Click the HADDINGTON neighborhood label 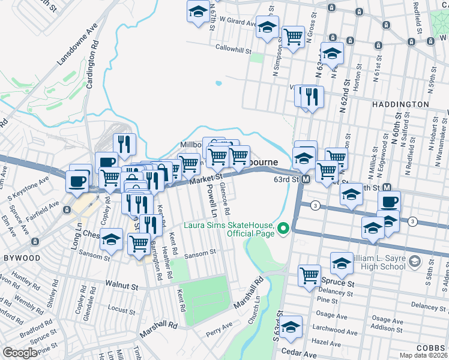coord(403,104)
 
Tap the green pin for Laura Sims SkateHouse coord(284,227)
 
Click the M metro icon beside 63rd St coord(306,179)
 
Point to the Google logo coord(20,353)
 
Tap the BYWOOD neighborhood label coord(22,258)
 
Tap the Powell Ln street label coord(211,201)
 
